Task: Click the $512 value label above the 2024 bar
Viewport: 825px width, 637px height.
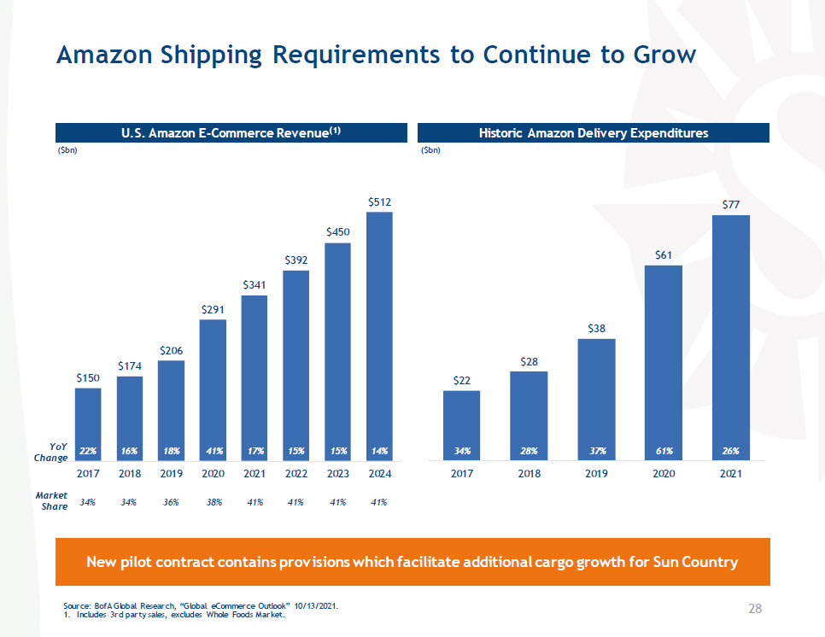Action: pos(379,202)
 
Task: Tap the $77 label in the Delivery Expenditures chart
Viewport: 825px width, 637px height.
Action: pos(730,205)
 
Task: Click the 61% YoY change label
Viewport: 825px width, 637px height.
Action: pos(664,450)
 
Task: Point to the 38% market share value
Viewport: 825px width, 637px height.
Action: pos(213,502)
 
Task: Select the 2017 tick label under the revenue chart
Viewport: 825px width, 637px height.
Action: pos(88,472)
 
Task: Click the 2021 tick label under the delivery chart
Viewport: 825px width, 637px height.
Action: pos(730,472)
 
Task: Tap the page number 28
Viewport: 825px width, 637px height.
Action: pos(755,609)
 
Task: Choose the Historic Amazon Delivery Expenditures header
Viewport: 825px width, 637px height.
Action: pos(594,132)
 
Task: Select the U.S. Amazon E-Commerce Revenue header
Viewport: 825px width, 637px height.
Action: pos(231,132)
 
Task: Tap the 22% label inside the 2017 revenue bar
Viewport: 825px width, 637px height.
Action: pos(87,450)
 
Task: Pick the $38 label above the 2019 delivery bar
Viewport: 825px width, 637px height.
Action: pos(596,328)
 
